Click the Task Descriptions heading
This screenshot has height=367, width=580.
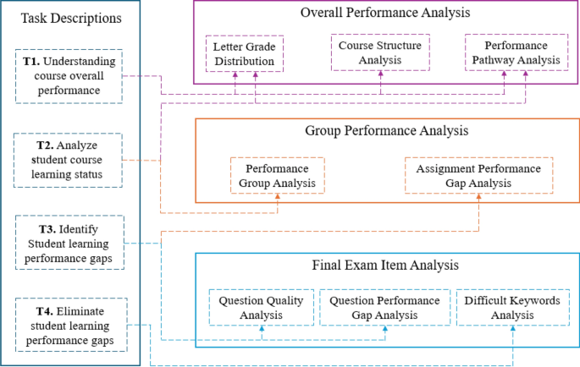tap(70, 18)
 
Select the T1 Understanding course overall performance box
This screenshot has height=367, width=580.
tap(69, 76)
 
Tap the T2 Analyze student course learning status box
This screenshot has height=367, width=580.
tap(69, 159)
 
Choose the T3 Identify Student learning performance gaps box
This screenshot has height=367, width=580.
tap(69, 243)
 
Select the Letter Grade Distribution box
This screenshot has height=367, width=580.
tap(243, 52)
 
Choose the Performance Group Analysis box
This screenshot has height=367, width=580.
tap(279, 176)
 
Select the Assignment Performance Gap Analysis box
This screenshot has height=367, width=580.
tap(478, 176)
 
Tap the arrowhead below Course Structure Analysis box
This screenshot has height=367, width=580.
tap(380, 74)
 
